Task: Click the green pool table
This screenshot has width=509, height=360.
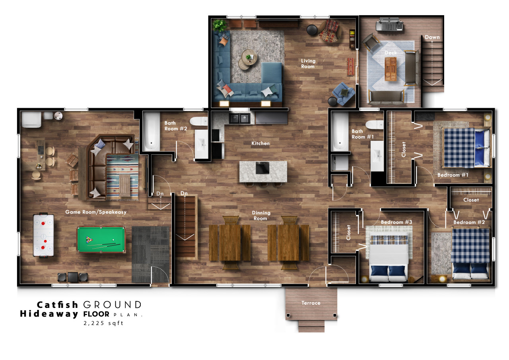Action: pyautogui.click(x=101, y=239)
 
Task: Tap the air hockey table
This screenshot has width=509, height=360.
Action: pyautogui.click(x=43, y=235)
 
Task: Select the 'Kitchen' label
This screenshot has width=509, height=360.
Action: pyautogui.click(x=260, y=144)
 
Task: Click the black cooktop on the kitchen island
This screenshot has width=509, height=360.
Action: pyautogui.click(x=263, y=168)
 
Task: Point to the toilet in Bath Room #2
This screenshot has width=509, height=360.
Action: pyautogui.click(x=198, y=121)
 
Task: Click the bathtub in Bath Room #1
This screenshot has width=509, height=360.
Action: pyautogui.click(x=340, y=131)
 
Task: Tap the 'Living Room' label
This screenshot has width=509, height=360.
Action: pyautogui.click(x=308, y=64)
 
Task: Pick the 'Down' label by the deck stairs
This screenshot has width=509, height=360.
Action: pyautogui.click(x=432, y=37)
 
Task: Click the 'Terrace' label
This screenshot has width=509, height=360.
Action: pyautogui.click(x=311, y=303)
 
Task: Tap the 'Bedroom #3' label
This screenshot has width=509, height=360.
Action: pyautogui.click(x=396, y=222)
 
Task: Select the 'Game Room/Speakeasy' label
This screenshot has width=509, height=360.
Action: pyautogui.click(x=96, y=212)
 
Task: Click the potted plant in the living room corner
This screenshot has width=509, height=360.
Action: pyautogui.click(x=219, y=25)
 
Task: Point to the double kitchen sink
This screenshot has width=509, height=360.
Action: pyautogui.click(x=239, y=119)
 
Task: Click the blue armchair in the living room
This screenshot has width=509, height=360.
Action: pyautogui.click(x=343, y=93)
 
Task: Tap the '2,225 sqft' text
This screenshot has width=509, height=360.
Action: pyautogui.click(x=103, y=323)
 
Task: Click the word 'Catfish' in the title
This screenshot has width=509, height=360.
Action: pyautogui.click(x=58, y=305)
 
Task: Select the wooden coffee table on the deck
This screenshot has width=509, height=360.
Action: pyautogui.click(x=390, y=69)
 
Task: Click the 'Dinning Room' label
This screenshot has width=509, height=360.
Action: pyautogui.click(x=261, y=216)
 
